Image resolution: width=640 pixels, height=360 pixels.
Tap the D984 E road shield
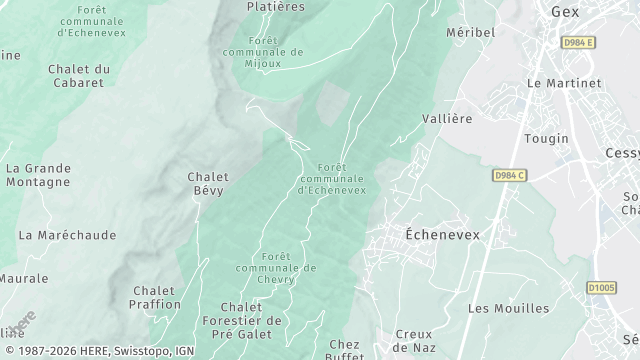577,42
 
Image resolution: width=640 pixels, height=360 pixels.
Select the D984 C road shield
509,175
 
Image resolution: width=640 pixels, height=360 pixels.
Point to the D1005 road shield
601,288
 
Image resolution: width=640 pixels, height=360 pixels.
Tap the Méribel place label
470,32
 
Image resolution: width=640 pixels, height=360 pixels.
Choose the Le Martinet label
563,83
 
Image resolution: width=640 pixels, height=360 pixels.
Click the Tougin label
547,138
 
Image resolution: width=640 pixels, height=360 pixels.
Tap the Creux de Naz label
413,340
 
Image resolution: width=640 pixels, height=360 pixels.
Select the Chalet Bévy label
207,183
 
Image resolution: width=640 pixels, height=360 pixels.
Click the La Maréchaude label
67,235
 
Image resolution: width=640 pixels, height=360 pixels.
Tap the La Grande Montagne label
38,175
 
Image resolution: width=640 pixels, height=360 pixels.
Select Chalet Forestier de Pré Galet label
251,320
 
